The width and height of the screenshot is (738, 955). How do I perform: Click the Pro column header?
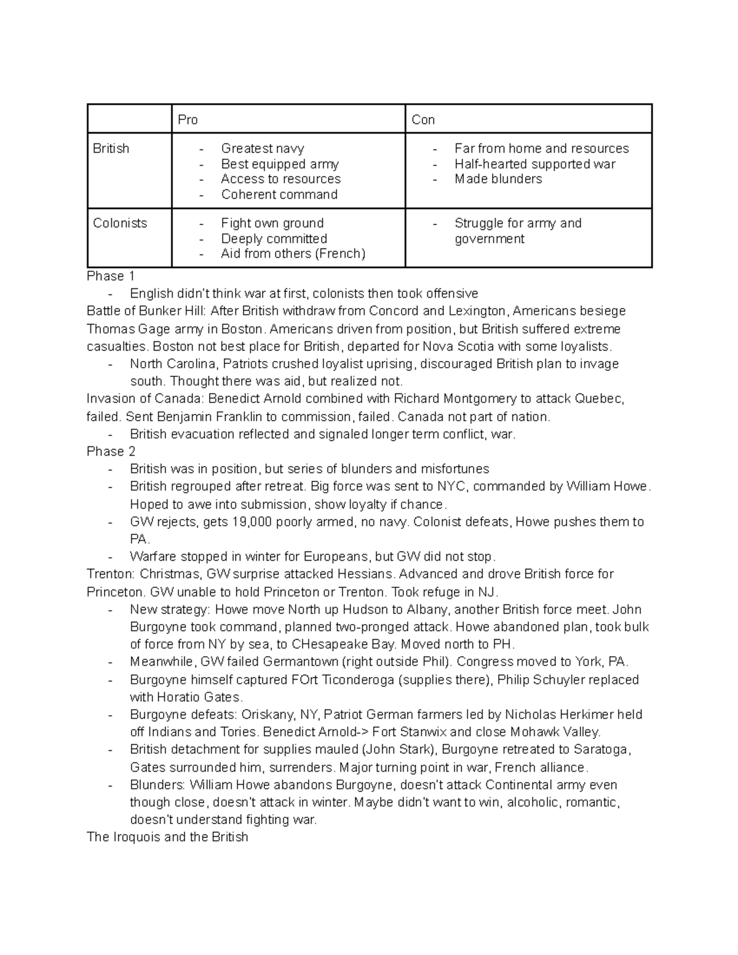tap(188, 120)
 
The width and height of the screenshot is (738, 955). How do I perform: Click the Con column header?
tap(423, 120)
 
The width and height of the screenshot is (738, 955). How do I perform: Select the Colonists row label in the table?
tap(120, 223)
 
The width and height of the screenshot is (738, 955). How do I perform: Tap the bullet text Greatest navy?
tap(263, 148)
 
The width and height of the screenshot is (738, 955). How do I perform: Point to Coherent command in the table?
tap(279, 194)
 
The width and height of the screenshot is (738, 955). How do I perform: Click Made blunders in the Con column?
tap(498, 179)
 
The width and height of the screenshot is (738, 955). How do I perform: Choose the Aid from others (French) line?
tap(293, 253)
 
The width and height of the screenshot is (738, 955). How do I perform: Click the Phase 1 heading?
tap(111, 275)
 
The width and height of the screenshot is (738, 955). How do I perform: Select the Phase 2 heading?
tap(111, 451)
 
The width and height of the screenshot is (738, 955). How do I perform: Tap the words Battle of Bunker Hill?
tap(146, 311)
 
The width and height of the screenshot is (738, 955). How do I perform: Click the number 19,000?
tap(253, 522)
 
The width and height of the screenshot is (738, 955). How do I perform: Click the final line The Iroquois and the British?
tap(167, 837)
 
